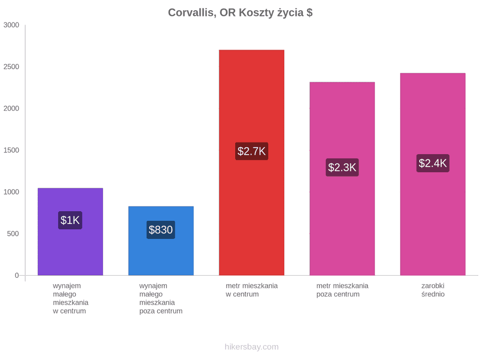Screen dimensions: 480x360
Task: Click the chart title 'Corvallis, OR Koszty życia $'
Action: point(241,13)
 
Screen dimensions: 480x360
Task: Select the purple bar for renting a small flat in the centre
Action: point(70,232)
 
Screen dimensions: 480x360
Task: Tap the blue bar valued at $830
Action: point(161,241)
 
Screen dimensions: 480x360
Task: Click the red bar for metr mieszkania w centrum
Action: point(252,163)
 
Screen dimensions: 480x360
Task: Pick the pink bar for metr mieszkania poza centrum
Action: point(342,179)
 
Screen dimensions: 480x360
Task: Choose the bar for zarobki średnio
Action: point(433,174)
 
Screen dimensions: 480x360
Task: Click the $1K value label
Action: point(70,220)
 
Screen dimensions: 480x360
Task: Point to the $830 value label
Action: point(161,229)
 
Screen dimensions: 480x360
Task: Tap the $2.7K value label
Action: point(252,151)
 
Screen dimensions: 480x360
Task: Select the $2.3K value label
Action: point(342,167)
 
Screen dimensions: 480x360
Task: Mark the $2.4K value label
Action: point(433,163)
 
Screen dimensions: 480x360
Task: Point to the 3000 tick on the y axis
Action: point(11,25)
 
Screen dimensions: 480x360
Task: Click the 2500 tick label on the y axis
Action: point(11,67)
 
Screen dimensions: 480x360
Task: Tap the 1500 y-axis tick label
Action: point(11,150)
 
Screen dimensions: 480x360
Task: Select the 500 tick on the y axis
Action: point(13,234)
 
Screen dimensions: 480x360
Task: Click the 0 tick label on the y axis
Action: point(17,276)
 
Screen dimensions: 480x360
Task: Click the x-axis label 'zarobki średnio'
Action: point(433,290)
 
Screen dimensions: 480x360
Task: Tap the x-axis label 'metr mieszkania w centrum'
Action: point(252,290)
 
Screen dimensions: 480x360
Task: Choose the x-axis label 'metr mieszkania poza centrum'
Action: point(342,290)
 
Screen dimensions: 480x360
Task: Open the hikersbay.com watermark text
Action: point(252,347)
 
